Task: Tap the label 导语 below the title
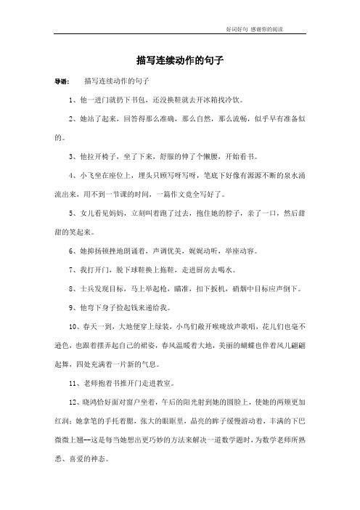point(64,81)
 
